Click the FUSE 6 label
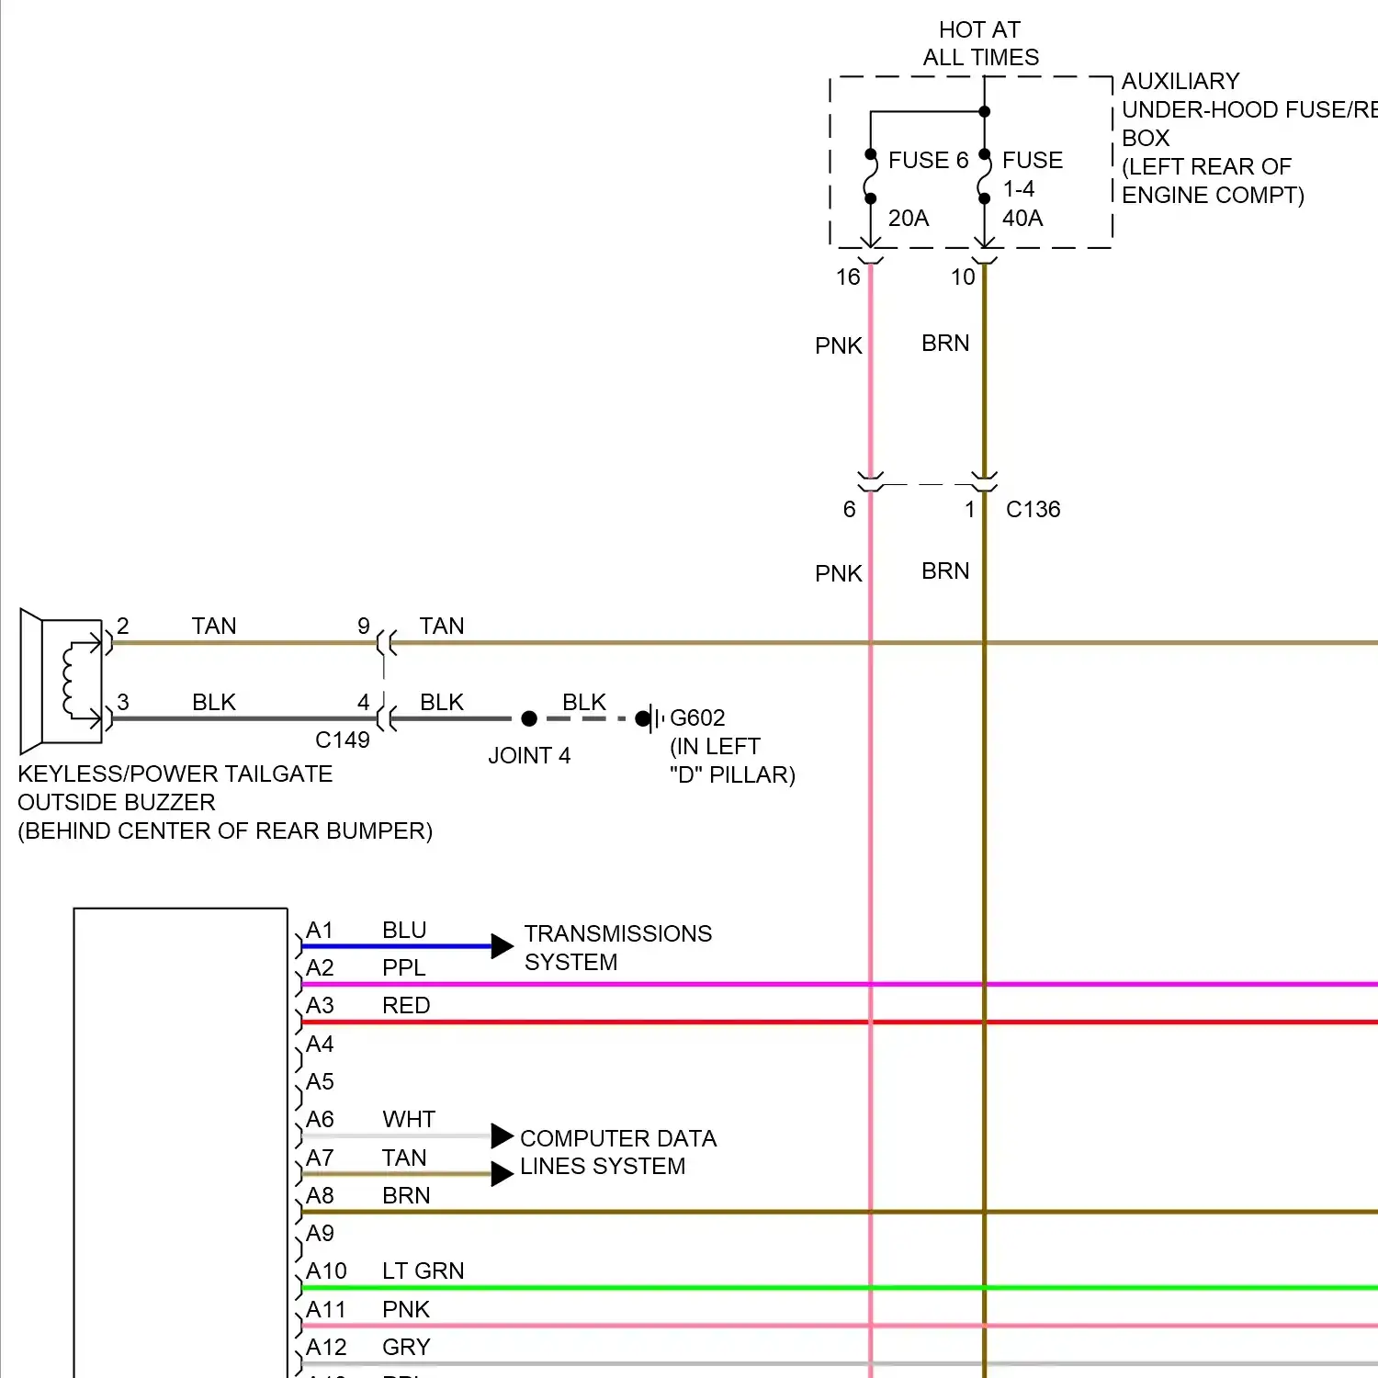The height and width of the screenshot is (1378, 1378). [x=928, y=161]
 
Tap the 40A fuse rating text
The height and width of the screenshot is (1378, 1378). [x=1022, y=219]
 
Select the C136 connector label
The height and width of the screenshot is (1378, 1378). [x=1033, y=510]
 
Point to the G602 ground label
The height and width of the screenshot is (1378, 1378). [x=697, y=718]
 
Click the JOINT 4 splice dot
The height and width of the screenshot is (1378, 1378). [x=529, y=718]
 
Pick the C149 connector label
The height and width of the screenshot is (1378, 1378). [x=342, y=740]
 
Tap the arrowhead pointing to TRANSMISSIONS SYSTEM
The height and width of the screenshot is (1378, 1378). [x=502, y=946]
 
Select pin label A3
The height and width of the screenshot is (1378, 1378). [x=320, y=1006]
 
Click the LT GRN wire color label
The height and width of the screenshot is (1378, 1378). [x=423, y=1271]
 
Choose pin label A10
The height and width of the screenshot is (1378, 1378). [x=326, y=1271]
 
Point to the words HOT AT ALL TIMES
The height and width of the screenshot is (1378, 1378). [x=980, y=44]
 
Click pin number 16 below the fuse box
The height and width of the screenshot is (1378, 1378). [x=848, y=277]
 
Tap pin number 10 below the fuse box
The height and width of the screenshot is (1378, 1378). [x=963, y=277]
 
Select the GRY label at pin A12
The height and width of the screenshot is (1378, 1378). [x=406, y=1348]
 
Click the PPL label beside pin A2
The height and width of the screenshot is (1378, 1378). [x=403, y=968]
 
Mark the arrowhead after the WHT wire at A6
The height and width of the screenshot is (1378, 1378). [x=502, y=1136]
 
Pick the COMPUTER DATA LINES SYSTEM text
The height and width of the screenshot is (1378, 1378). [x=617, y=1152]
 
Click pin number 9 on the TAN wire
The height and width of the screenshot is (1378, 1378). [x=364, y=627]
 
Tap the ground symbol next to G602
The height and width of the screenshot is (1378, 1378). [x=654, y=718]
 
